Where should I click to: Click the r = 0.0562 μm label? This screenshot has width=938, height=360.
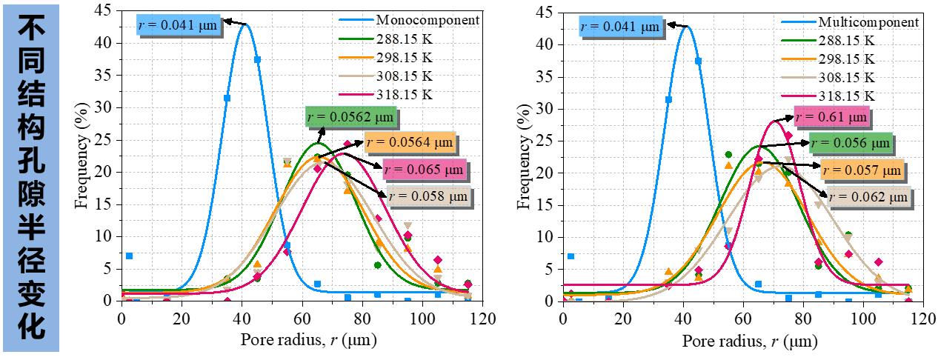[350, 117]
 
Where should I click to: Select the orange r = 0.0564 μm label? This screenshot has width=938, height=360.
[410, 141]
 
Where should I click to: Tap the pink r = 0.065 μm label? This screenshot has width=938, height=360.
[425, 169]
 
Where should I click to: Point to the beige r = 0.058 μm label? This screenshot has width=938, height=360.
[428, 196]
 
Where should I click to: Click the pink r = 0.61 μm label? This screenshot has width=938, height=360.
[831, 116]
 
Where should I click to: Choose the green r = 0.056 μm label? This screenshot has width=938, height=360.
[851, 143]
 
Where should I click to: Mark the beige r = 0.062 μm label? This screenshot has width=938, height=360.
[868, 197]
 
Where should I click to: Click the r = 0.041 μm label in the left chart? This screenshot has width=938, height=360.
[178, 25]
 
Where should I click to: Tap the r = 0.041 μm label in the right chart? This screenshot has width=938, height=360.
[619, 27]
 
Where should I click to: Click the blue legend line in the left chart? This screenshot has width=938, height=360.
[356, 20]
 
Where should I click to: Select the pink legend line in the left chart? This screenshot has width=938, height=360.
[356, 94]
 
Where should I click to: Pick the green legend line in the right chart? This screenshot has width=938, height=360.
[799, 40]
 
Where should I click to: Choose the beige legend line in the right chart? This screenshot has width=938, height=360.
[799, 77]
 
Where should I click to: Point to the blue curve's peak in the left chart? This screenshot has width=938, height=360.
[245, 25]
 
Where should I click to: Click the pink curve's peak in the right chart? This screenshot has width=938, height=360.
[775, 121]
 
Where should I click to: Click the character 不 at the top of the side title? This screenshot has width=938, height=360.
[31, 30]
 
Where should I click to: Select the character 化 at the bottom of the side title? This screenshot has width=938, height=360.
[31, 327]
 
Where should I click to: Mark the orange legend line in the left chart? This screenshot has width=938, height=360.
[356, 57]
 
